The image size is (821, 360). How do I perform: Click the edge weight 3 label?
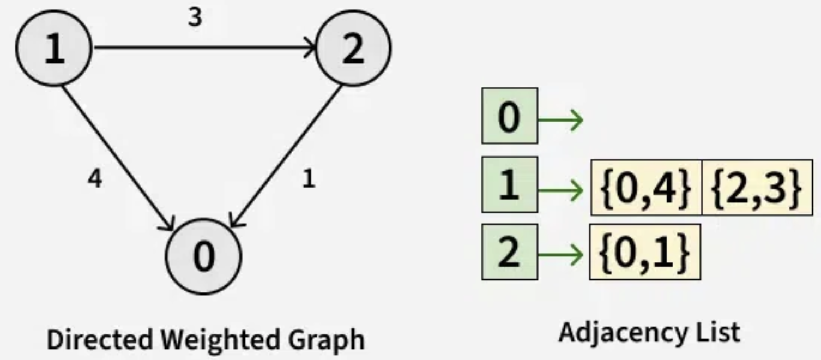pyautogui.click(x=195, y=18)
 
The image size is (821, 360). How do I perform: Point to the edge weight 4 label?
pyautogui.click(x=95, y=179)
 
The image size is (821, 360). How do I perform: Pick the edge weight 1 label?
pyautogui.click(x=309, y=179)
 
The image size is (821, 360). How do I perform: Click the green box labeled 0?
pyautogui.click(x=509, y=116)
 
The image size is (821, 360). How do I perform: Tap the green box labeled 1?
pyautogui.click(x=509, y=185)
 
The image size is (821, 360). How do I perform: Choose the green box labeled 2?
pyautogui.click(x=509, y=253)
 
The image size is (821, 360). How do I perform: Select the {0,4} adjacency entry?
pyautogui.click(x=645, y=187)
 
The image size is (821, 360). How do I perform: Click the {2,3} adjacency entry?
pyautogui.click(x=757, y=187)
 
